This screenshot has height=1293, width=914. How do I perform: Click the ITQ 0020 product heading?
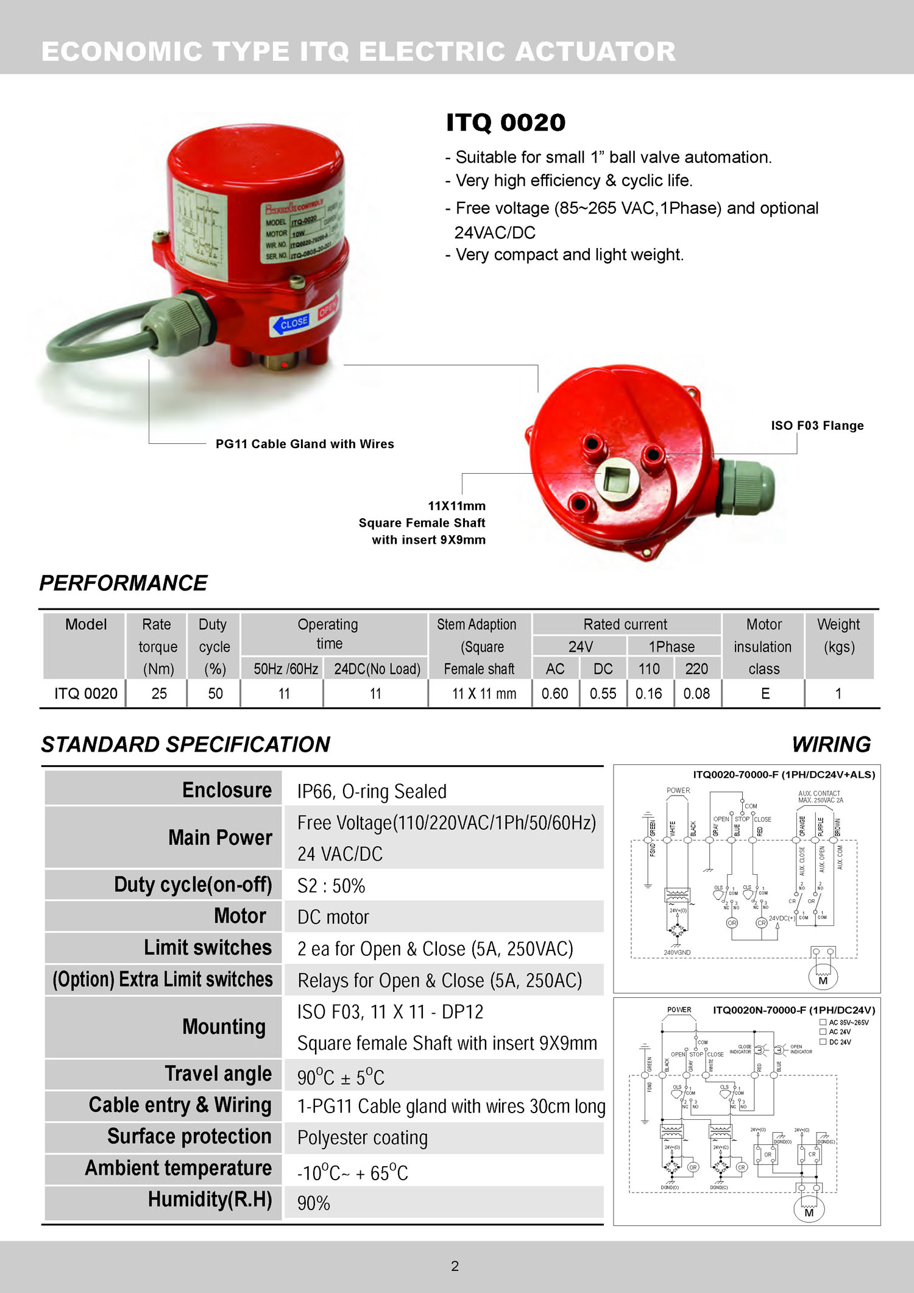tap(506, 123)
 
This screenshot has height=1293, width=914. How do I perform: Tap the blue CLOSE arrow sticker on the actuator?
tap(290, 323)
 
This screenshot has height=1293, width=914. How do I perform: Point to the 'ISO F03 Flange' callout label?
tap(817, 426)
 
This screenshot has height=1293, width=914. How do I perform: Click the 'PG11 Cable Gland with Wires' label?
tap(305, 444)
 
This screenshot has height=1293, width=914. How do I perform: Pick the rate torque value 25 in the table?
tap(159, 694)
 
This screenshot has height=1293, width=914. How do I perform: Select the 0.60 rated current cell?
tap(554, 694)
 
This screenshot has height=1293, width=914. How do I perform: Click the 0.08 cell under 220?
tap(696, 694)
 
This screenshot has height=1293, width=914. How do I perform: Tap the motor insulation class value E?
tap(765, 694)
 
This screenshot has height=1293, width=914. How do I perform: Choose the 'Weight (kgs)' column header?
tap(838, 635)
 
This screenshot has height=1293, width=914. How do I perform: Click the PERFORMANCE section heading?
tap(123, 583)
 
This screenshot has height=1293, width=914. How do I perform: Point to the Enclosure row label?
tap(227, 790)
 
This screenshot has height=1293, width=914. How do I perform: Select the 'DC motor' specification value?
tap(333, 917)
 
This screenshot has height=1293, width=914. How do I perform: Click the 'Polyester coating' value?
tap(362, 1138)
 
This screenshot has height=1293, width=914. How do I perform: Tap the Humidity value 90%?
tap(313, 1203)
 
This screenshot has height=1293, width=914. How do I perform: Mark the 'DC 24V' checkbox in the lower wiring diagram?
tap(823, 1042)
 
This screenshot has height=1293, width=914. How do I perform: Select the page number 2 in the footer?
tap(455, 1266)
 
